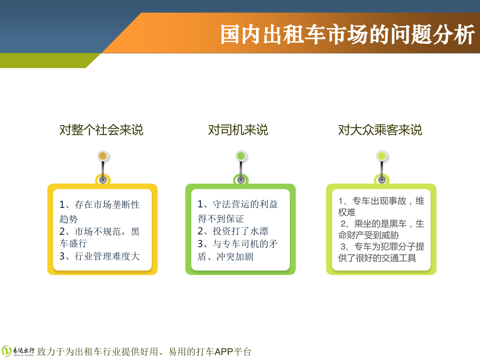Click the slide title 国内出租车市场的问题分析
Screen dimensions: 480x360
pos(347,35)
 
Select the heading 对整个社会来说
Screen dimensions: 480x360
pos(101,130)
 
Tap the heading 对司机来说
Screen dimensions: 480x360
pos(238,130)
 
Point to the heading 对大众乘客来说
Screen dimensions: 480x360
pos(380,130)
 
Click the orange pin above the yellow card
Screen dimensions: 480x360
pos(103,156)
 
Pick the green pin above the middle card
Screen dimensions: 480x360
pos(241,156)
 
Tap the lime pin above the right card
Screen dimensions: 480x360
pos(382,156)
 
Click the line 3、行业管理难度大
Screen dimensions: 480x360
pos(100,256)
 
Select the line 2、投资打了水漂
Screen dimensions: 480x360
pos(233,231)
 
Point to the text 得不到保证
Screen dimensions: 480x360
pos(221,219)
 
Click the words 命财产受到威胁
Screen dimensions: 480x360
pos(368,235)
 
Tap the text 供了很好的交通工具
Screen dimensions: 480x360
pos(377,258)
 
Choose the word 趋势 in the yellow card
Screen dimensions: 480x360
pos(69,219)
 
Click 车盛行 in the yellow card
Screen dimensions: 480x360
pos(74,244)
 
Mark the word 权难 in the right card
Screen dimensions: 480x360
pos(347,212)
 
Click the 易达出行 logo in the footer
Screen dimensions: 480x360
pos(18,351)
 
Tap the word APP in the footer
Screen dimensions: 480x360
pos(224,352)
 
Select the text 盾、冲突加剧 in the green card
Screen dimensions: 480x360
pos(226,256)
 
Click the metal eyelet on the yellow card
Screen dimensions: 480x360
pos(103,180)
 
